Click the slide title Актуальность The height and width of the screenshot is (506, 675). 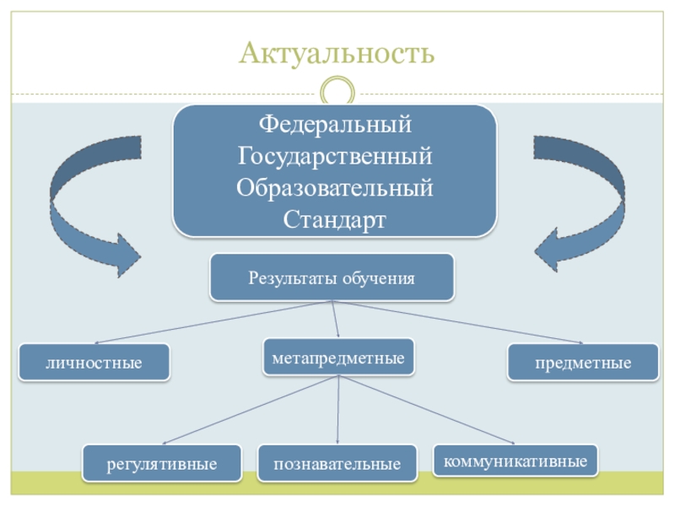337,54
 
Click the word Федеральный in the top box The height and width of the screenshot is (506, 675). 335,126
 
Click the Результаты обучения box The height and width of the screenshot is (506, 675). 332,277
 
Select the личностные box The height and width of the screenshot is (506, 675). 94,363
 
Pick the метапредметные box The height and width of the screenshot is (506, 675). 338,358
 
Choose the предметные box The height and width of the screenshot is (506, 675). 583,363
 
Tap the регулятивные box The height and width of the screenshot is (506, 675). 162,464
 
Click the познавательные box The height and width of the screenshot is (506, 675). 337,464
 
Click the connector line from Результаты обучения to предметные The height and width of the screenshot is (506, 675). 460,322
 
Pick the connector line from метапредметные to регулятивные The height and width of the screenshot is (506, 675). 251,410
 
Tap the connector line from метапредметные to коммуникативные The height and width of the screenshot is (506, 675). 426,410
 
